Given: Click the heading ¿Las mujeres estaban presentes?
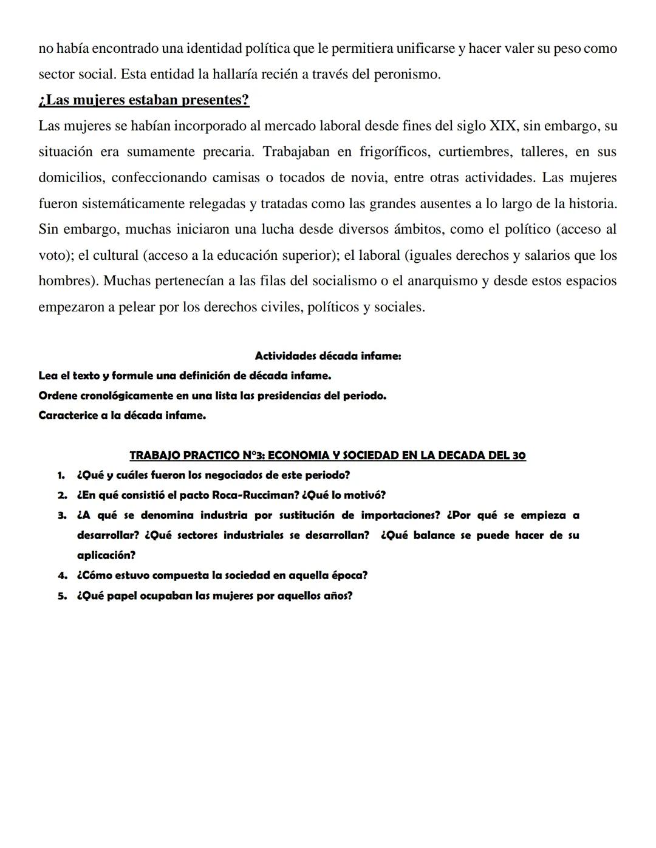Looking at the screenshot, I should click(x=143, y=100).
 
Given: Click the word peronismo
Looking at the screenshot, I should click(x=405, y=74).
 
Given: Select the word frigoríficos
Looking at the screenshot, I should click(x=394, y=152).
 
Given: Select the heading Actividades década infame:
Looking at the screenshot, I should click(x=327, y=356).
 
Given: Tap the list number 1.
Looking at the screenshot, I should click(x=61, y=475).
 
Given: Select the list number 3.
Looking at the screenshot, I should click(x=61, y=515).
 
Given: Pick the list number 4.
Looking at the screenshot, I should click(x=61, y=575).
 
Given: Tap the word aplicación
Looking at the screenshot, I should click(x=106, y=555).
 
